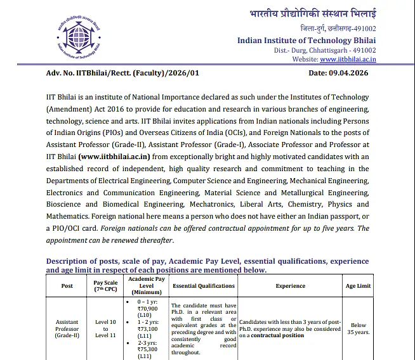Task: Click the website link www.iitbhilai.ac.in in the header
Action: point(348,59)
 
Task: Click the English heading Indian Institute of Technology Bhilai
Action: point(306,40)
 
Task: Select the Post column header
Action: point(67,286)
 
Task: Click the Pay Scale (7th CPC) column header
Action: point(106,286)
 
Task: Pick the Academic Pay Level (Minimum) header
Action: point(147,286)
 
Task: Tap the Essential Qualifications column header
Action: point(204,286)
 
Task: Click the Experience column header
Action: point(291,286)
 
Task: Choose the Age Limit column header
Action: point(358,286)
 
